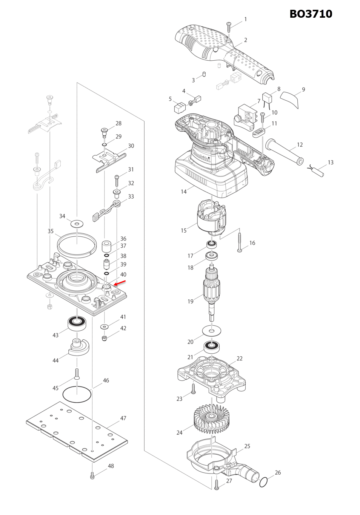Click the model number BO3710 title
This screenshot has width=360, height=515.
click(x=311, y=14)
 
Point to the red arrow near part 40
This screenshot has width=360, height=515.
click(x=120, y=283)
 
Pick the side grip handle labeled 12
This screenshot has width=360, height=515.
click(x=285, y=152)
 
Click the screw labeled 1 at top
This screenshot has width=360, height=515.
click(x=229, y=27)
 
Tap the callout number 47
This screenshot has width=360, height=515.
click(x=123, y=418)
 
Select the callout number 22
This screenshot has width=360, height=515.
click(x=239, y=358)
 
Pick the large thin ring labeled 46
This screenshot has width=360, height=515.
click(x=77, y=394)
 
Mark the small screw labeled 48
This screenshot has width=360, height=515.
click(x=92, y=475)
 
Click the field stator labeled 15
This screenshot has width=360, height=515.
click(x=212, y=218)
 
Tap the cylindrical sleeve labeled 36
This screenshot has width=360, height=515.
click(x=107, y=246)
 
